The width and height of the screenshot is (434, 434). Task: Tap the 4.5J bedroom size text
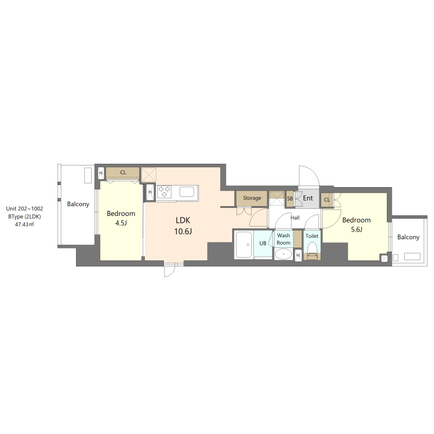point(121,224)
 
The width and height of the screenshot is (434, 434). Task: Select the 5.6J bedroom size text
point(356,229)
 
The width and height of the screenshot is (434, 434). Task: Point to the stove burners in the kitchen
point(164,192)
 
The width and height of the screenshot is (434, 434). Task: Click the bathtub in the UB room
point(244,245)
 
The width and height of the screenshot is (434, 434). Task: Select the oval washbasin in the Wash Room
point(283,254)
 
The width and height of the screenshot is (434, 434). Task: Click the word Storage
point(252,198)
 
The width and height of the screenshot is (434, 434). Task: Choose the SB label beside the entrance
point(290,199)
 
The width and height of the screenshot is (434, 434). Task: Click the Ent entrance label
point(308,198)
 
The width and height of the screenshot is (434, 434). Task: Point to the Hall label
point(295,218)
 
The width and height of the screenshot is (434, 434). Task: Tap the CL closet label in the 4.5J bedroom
point(123,173)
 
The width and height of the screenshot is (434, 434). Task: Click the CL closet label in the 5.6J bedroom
point(327,200)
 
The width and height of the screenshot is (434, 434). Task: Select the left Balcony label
point(78,205)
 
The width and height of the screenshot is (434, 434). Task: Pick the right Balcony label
point(408,237)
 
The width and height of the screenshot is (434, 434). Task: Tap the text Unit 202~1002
point(25,208)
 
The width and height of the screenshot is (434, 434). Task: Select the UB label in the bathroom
point(263,243)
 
